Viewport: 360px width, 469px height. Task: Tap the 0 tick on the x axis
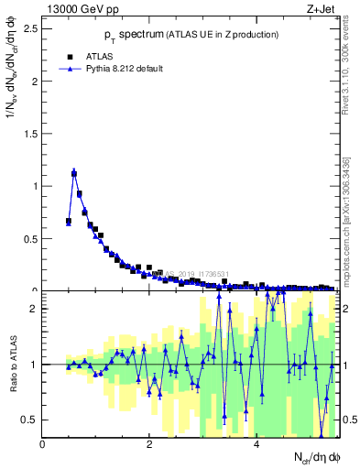tap(43, 444)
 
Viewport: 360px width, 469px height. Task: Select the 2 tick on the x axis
tap(149, 444)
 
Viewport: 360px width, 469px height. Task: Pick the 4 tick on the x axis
tap(256, 444)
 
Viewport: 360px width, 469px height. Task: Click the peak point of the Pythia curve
tap(74, 172)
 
